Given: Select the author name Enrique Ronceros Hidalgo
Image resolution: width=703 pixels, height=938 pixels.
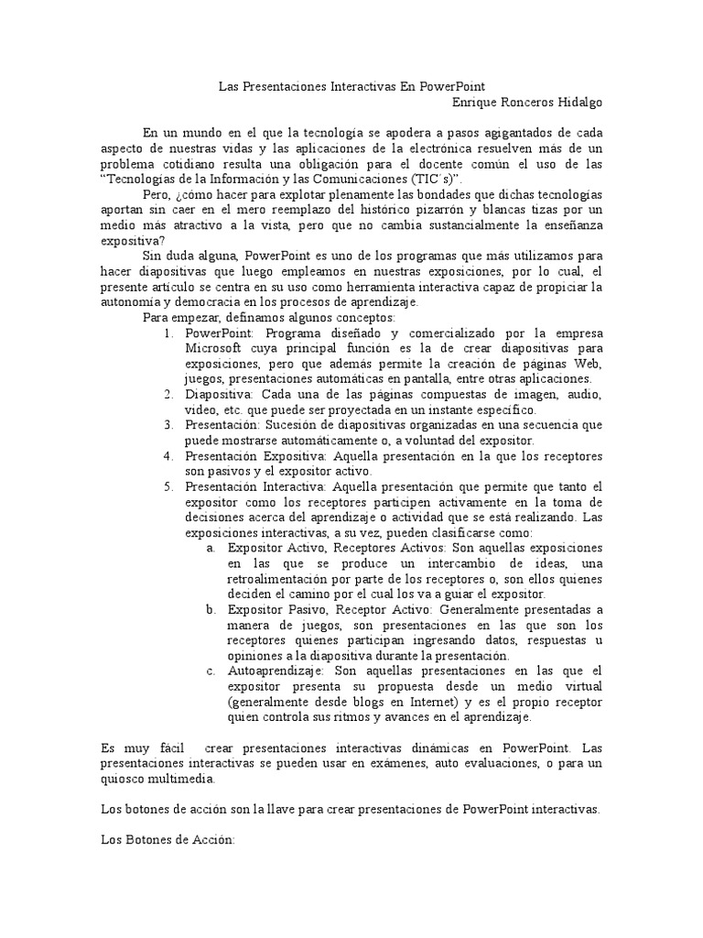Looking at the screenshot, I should click(528, 103).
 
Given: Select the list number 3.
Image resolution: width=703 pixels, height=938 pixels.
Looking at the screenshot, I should click(168, 425).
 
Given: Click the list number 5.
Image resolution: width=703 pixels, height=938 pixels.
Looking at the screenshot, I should click(168, 486).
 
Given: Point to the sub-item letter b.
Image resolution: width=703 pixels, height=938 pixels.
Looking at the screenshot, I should click(211, 609).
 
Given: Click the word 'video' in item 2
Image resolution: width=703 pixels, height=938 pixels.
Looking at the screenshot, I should click(199, 409).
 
